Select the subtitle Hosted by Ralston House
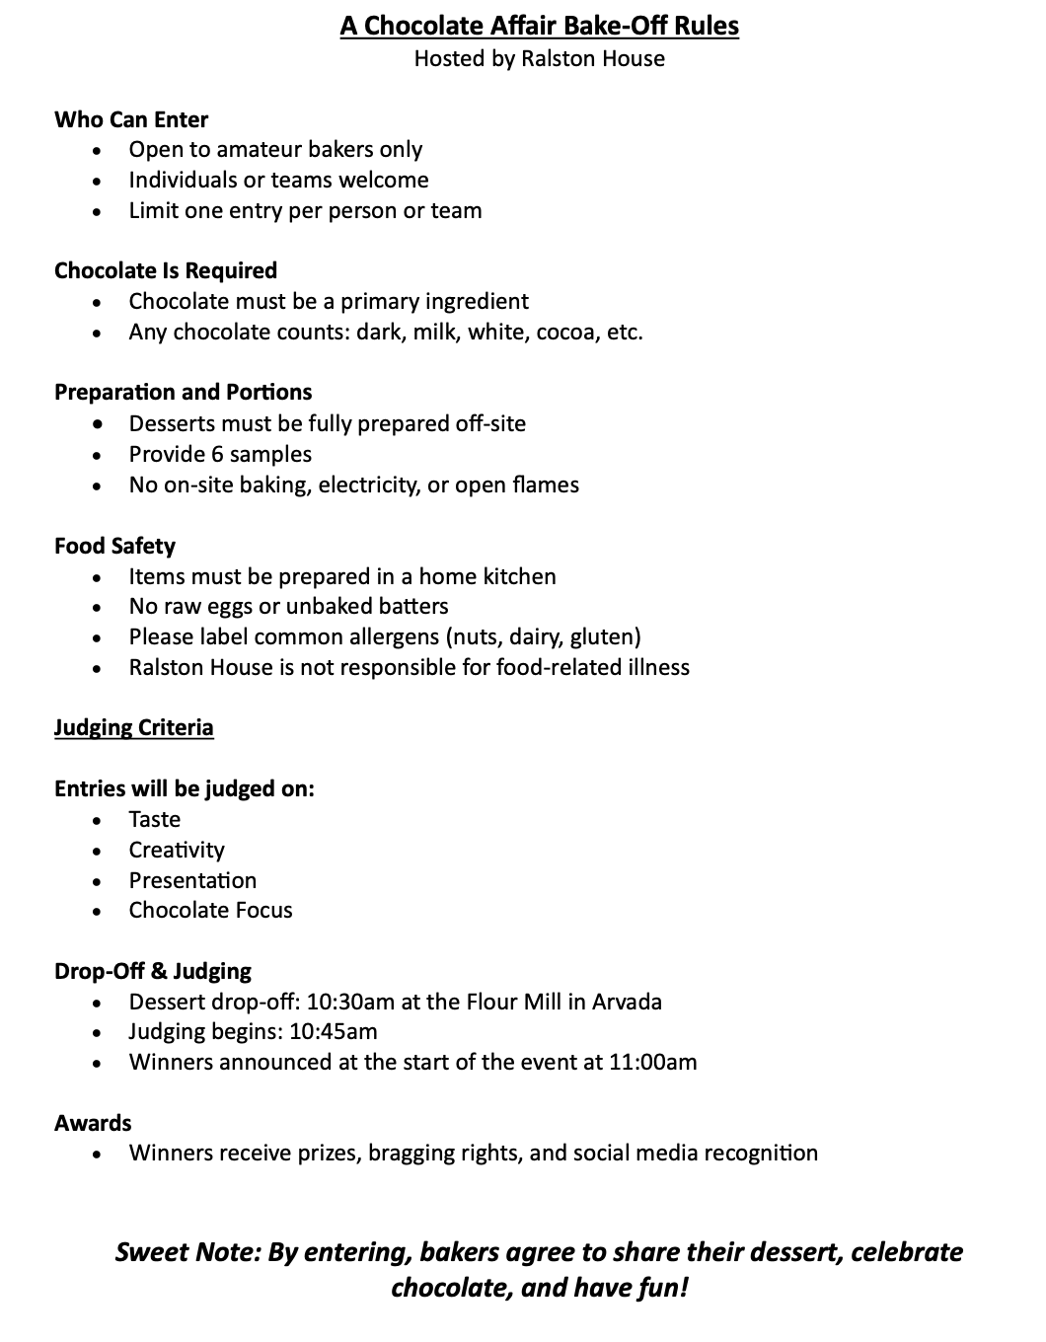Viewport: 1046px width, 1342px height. click(539, 58)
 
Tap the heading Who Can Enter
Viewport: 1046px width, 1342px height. click(131, 119)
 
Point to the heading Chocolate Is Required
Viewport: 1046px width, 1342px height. click(166, 270)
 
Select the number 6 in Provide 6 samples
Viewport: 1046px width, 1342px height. click(219, 454)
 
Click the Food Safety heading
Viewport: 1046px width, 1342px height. click(114, 546)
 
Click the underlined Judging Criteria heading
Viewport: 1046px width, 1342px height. click(133, 727)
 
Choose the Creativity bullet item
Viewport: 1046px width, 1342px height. click(177, 850)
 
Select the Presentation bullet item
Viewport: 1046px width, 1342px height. click(192, 880)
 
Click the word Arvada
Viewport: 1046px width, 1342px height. click(627, 1002)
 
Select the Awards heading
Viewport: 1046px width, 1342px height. click(93, 1123)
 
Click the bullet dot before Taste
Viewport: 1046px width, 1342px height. click(97, 821)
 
